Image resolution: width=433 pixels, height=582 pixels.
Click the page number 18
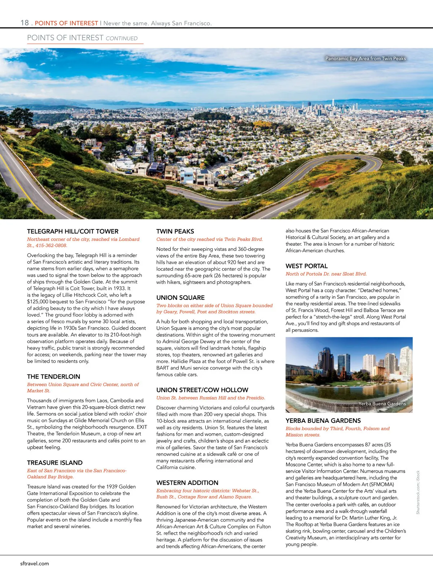pos(25,23)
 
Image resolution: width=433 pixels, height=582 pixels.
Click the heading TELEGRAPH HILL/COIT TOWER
pos(73,231)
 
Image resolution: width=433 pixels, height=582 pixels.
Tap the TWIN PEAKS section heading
pos(175,231)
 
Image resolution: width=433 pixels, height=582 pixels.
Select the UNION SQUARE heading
pos(180,298)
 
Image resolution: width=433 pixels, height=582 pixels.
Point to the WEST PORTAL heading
pos(307,266)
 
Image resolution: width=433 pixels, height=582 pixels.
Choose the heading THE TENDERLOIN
pos(53,377)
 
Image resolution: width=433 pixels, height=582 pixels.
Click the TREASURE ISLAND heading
pos(55,463)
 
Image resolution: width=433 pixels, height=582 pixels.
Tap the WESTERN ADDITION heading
pos(187,483)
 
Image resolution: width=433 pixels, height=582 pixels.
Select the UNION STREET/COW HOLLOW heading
pos(202,390)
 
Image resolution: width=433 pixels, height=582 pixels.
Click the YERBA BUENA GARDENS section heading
pos(323,421)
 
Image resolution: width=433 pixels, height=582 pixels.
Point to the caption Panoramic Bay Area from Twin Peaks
pos(366,58)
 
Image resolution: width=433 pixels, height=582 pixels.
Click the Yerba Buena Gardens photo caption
pos(382,404)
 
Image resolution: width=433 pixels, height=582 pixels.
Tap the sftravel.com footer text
pos(35,564)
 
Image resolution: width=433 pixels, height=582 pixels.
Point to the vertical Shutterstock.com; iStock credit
pos(418,492)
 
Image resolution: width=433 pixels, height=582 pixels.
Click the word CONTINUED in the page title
pos(122,38)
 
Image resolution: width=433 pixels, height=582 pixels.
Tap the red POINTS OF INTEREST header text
pos(66,23)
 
